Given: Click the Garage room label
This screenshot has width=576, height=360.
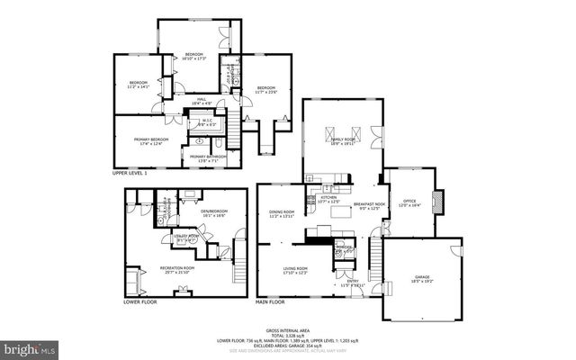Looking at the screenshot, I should click(422, 279).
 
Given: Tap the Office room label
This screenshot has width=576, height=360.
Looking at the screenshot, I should click(410, 203).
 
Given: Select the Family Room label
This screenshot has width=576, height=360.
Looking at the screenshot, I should click(343, 141).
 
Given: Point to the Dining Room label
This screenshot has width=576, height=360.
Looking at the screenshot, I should click(283, 214).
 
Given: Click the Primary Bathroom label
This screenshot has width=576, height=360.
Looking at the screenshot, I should click(209, 158).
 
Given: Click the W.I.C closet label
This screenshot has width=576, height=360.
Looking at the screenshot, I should click(206, 123).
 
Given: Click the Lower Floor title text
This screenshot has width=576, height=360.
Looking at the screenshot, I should click(140, 301).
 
